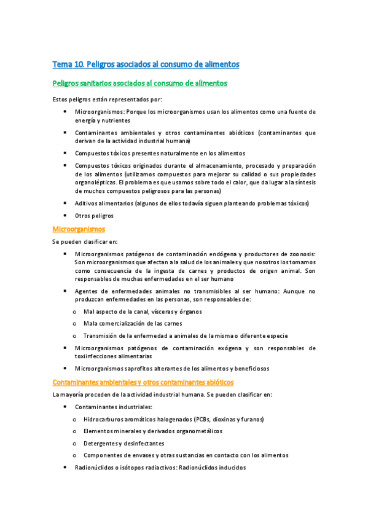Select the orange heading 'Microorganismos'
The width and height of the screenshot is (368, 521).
[79, 229]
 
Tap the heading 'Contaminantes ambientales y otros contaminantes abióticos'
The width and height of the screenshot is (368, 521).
[143, 382]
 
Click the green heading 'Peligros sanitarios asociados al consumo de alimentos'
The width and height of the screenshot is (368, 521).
[140, 83]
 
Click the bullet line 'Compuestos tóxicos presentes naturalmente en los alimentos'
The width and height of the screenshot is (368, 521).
[160, 153]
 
